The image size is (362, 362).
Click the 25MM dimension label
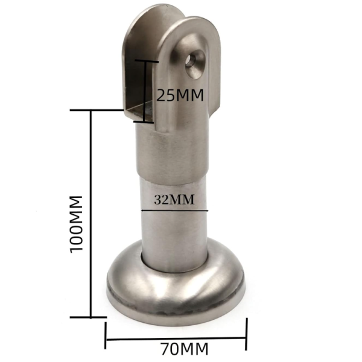click(x=180, y=95)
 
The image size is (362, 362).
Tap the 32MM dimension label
click(x=174, y=200)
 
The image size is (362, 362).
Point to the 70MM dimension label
click(x=185, y=349)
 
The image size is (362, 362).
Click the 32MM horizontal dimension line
click(x=174, y=211)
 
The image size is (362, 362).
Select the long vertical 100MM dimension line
click(x=91, y=214)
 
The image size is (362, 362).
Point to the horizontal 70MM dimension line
click(x=176, y=339)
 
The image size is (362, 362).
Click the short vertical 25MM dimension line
click(x=145, y=92)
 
